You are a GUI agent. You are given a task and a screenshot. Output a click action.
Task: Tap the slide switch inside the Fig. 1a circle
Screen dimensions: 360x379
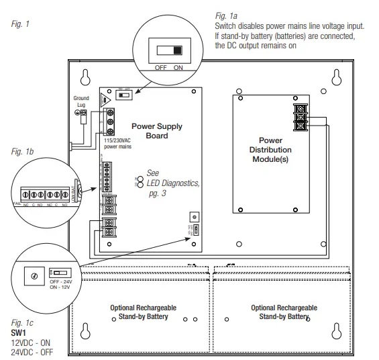(168, 50)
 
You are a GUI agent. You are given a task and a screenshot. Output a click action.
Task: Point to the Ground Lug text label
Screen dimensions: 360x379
(80, 101)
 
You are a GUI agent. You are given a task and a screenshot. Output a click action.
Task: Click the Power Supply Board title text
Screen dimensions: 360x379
(156, 130)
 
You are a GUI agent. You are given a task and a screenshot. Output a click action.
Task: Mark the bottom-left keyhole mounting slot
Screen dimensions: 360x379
(85, 332)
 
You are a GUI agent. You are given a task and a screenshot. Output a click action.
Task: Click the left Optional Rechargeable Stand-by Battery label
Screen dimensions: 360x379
(139, 312)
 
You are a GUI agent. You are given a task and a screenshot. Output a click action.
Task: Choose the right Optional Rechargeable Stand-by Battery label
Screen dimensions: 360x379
(280, 312)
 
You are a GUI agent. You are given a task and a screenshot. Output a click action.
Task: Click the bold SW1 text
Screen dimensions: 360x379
(18, 332)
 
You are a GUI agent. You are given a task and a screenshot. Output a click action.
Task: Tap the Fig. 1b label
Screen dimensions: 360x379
(22, 152)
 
